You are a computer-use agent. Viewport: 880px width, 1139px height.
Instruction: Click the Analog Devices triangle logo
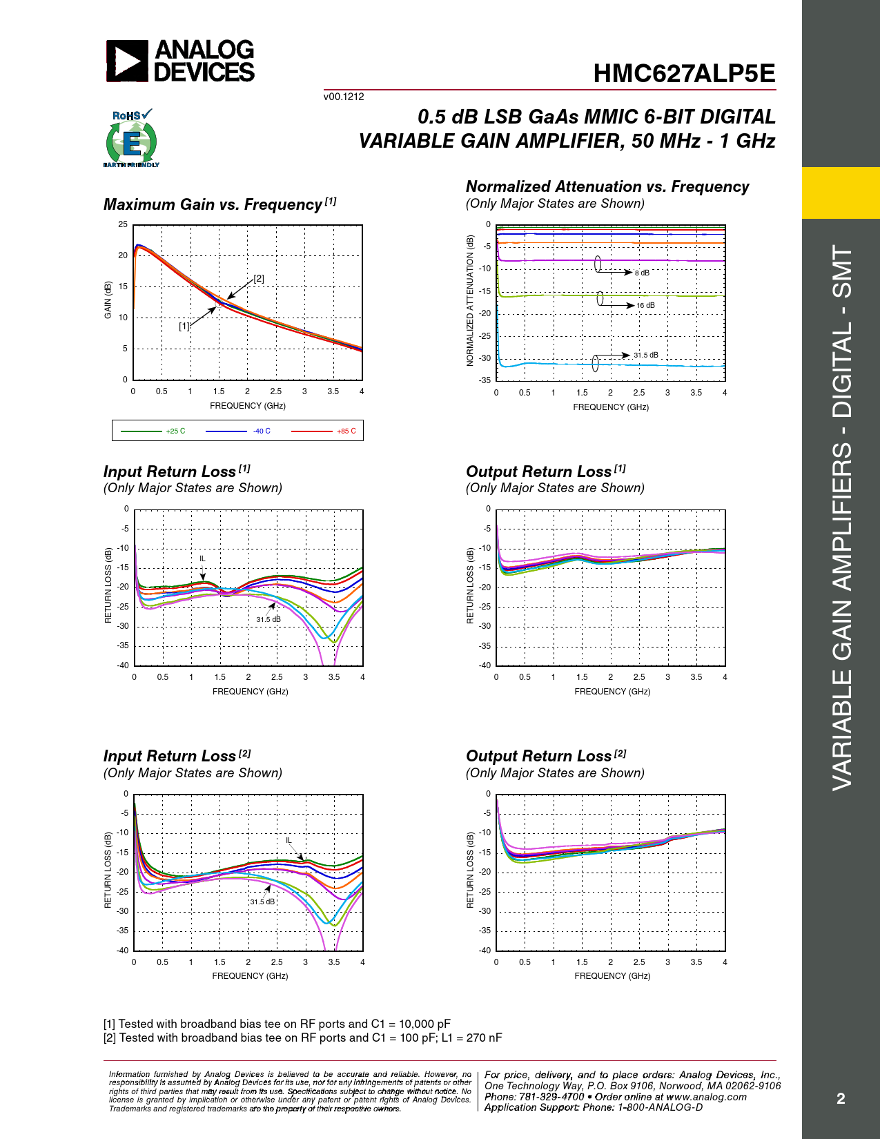coord(127,61)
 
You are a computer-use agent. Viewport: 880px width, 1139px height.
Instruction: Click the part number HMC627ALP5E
coord(684,74)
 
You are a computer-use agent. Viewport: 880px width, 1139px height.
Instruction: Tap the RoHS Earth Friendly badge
coord(131,139)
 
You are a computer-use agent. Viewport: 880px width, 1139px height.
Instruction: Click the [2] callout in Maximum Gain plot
coord(259,279)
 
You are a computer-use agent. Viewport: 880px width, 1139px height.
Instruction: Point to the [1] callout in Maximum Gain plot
coord(184,326)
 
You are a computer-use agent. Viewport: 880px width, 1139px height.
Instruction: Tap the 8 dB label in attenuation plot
coord(642,273)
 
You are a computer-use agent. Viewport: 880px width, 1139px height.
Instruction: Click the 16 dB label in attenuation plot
coord(645,305)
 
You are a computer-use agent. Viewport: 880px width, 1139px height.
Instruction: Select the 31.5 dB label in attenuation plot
coord(646,356)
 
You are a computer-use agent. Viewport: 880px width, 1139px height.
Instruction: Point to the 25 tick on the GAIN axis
coord(123,224)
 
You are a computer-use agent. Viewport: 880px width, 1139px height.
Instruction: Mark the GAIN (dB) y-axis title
coord(108,300)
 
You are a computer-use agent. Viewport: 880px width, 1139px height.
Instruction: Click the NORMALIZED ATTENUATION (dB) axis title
coord(470,301)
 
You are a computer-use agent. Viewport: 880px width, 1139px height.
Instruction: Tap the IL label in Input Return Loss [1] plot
coord(202,558)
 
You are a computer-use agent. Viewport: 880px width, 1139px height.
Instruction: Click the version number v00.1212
coord(344,97)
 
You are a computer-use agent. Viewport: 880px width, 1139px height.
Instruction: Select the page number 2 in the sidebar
coord(841,1098)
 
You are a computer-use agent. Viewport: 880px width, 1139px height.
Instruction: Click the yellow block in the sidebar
coord(841,193)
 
